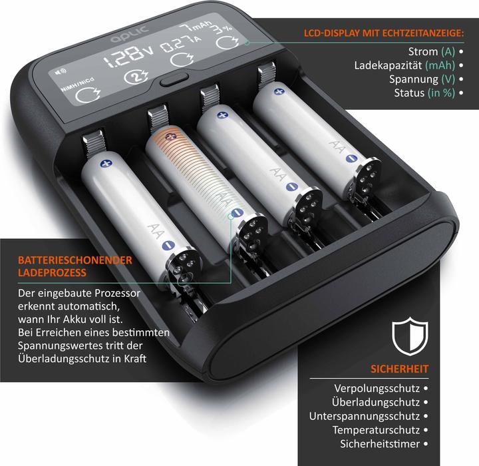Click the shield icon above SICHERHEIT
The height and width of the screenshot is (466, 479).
click(410, 336)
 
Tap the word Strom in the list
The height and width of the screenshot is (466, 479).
click(423, 52)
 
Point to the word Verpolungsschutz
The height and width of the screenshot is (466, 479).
click(377, 388)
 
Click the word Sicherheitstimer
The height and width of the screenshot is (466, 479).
click(380, 443)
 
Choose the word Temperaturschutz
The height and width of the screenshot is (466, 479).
click(376, 430)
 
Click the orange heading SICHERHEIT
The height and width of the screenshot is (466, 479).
click(400, 369)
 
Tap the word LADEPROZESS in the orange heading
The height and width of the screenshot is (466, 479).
click(52, 272)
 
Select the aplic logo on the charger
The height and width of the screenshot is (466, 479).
click(130, 34)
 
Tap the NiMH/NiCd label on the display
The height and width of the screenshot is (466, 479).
click(78, 85)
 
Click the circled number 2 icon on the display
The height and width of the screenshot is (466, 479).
click(136, 77)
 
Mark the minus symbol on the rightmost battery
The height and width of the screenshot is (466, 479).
click(351, 158)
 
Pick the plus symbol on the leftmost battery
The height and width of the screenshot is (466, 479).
click(106, 164)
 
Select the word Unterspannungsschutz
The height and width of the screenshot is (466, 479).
click(365, 416)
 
